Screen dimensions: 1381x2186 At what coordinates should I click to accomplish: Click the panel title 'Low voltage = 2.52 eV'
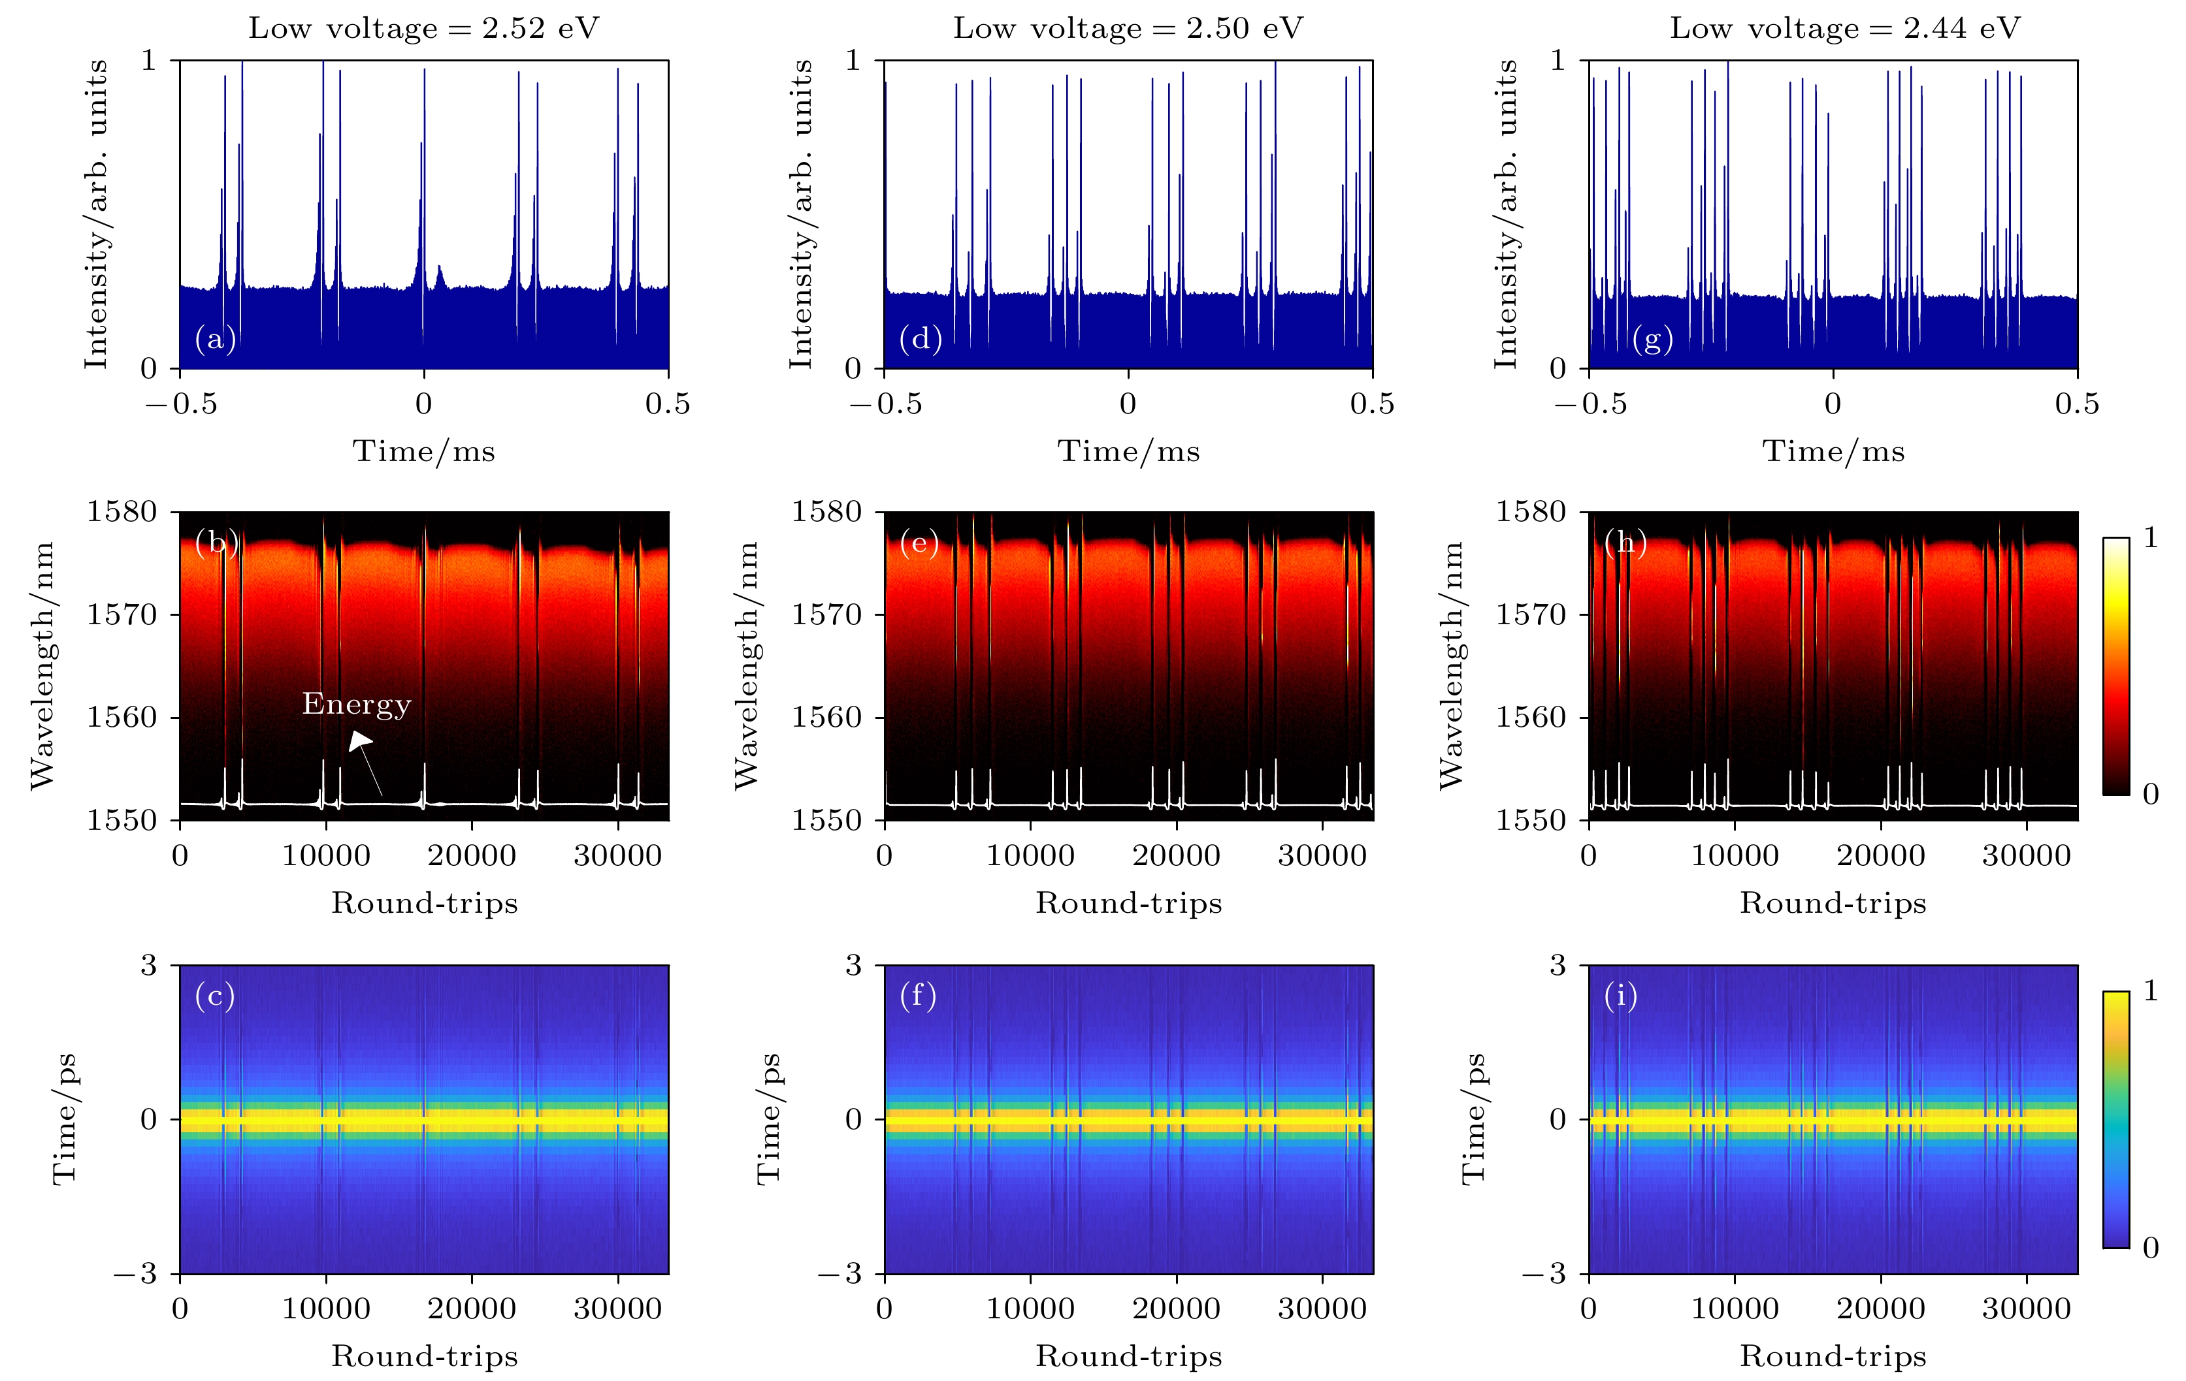[424, 28]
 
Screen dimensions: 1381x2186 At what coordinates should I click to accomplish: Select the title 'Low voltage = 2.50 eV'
[1128, 28]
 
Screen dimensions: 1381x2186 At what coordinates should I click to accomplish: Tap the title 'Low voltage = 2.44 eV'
[1845, 28]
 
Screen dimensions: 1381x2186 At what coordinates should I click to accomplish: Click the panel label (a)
[215, 340]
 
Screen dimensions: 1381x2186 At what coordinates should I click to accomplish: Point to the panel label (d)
[920, 340]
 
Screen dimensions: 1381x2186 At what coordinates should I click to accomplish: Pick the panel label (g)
[1652, 340]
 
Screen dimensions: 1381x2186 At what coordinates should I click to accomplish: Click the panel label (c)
[215, 996]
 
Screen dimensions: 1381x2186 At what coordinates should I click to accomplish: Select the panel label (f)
[918, 996]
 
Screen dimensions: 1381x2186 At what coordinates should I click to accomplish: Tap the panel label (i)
[1620, 996]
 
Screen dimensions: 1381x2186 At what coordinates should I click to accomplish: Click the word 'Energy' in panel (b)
[357, 704]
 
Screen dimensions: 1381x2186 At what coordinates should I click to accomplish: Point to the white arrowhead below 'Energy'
[361, 741]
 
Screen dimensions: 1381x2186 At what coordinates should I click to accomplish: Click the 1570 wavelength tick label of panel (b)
[122, 615]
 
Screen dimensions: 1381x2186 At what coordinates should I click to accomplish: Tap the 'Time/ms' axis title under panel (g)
[1833, 451]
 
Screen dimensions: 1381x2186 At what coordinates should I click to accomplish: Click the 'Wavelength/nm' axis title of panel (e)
[746, 665]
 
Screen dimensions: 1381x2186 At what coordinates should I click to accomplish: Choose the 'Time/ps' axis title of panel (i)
[1473, 1119]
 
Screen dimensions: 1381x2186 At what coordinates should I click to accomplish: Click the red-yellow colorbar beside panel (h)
[2115, 666]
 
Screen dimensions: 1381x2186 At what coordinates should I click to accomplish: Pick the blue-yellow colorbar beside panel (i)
[2115, 1119]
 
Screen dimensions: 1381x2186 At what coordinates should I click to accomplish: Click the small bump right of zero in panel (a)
[440, 275]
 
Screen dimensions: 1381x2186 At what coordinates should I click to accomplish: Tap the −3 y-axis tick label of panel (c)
[135, 1274]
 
